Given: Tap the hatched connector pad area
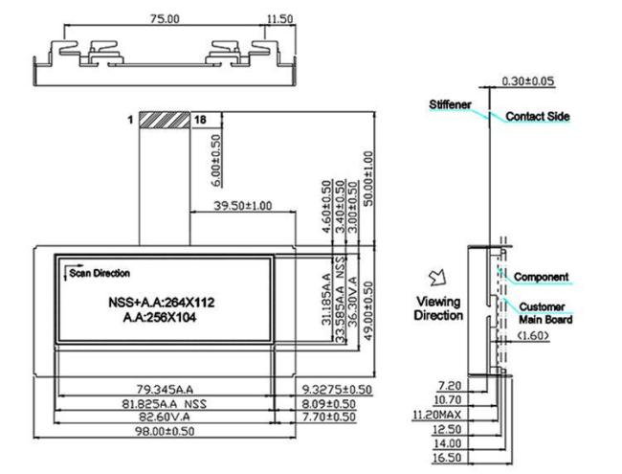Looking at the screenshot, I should coord(165,121).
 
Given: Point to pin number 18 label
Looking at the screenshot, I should coord(200,121).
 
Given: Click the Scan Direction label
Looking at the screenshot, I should coord(100,274).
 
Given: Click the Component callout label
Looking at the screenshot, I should coord(542,277).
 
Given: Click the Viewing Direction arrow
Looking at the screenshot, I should coord(439,277).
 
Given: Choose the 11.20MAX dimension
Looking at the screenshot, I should coord(434,416).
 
